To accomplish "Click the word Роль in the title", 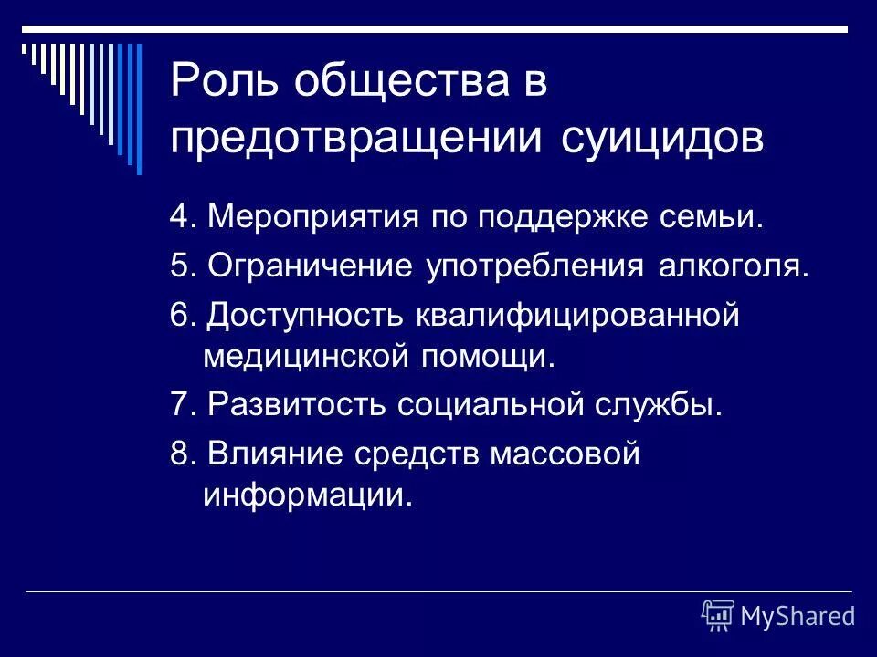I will [223, 84].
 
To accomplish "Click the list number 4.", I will [179, 219].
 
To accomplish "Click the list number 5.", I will [179, 267].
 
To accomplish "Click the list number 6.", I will [179, 315].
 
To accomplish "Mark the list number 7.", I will [179, 404].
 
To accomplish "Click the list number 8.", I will [179, 453].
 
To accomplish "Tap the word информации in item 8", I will [301, 495].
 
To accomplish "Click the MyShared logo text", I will [798, 616].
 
